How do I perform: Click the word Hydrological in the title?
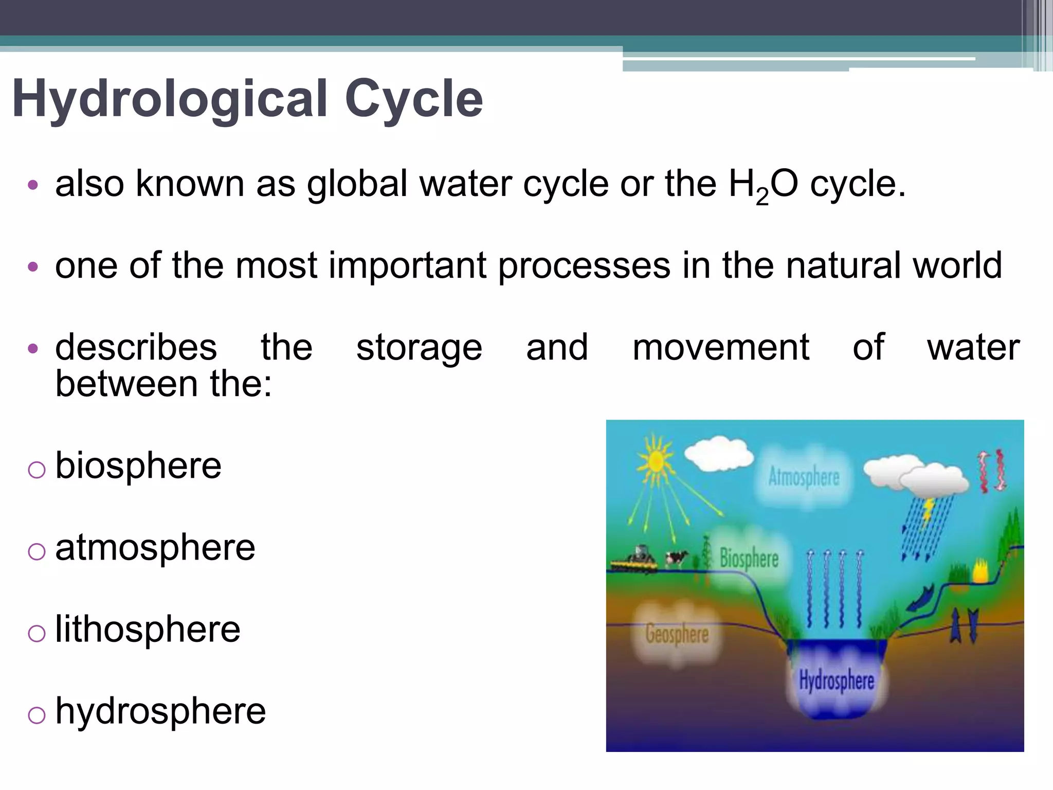click(170, 99)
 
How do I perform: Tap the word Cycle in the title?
click(413, 99)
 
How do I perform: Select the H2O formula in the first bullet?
click(763, 185)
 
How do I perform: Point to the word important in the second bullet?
click(407, 266)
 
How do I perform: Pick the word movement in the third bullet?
click(721, 348)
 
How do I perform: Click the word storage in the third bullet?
click(419, 349)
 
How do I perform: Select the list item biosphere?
click(138, 465)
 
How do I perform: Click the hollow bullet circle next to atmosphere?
click(37, 552)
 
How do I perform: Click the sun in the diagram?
click(655, 461)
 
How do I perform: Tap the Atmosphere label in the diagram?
click(804, 477)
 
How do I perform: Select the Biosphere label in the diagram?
click(749, 559)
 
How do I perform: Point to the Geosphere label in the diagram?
click(677, 634)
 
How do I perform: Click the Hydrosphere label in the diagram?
click(836, 680)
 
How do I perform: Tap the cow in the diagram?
click(676, 558)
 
